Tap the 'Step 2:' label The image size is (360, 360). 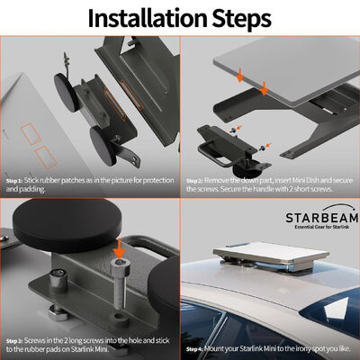197,180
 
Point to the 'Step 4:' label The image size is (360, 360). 197,347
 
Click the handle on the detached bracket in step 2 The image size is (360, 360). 214,139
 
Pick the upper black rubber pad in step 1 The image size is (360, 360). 66,89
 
